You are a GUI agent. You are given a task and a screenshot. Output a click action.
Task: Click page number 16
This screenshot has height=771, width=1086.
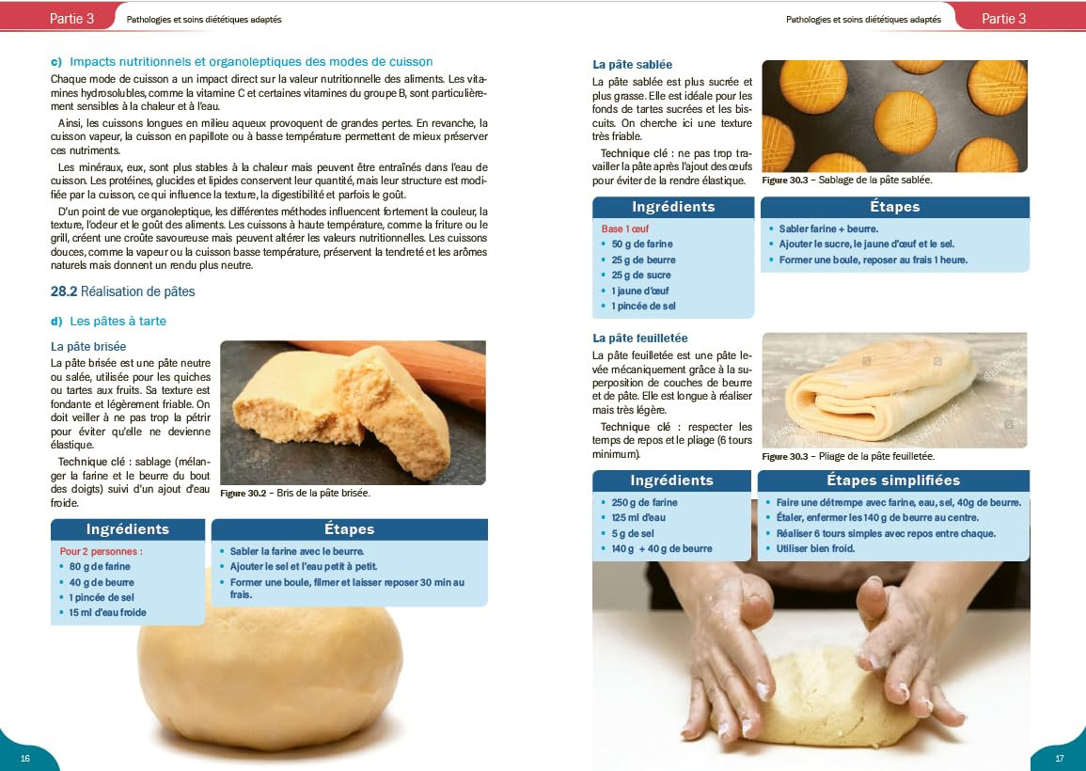point(25,758)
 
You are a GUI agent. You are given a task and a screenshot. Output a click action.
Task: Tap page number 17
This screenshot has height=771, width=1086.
point(1059,758)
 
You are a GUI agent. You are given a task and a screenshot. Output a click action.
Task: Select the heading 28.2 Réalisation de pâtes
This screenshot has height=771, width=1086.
point(122,291)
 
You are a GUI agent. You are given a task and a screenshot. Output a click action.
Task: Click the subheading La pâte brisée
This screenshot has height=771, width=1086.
point(88,346)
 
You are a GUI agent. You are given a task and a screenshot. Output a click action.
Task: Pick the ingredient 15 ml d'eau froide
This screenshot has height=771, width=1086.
point(107,612)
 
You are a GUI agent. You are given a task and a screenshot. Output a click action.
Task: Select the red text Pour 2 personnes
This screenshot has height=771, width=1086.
point(102,551)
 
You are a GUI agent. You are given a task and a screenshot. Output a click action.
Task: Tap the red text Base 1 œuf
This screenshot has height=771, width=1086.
point(624,228)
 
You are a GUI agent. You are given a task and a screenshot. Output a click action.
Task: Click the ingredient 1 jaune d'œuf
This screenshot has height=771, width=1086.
point(640,291)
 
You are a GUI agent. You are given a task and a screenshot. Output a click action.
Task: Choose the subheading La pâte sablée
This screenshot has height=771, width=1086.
point(633,65)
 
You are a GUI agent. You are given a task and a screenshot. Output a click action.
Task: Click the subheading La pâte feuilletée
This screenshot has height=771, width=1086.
point(640,338)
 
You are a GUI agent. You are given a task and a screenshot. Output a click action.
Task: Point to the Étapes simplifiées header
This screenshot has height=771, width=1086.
point(893,480)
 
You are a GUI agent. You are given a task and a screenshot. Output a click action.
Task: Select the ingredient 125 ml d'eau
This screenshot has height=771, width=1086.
point(638,517)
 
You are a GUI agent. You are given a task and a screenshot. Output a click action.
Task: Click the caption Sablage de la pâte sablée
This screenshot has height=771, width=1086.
point(875,181)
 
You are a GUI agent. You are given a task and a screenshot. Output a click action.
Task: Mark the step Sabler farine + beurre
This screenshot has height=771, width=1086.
point(828,228)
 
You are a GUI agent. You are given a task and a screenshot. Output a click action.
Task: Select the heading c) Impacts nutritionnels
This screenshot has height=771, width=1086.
point(242,62)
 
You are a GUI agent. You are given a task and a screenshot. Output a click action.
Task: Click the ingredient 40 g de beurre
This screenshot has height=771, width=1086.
point(102,583)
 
